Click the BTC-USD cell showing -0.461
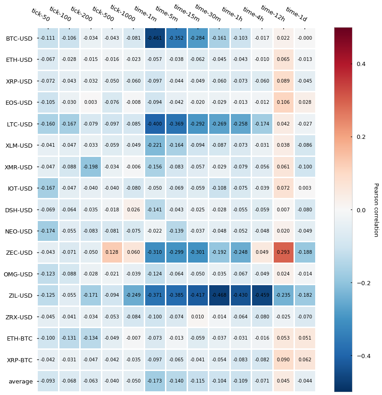(x=155, y=38)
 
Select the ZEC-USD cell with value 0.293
(x=284, y=252)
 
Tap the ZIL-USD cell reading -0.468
(x=219, y=295)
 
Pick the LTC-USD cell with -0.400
(x=155, y=124)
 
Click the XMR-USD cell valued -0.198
(x=91, y=167)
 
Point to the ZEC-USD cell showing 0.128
(x=112, y=252)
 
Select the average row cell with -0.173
(x=155, y=381)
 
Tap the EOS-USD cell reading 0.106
(x=284, y=102)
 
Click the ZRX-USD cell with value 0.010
(x=198, y=317)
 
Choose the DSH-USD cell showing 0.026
(x=134, y=210)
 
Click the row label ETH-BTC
(x=19, y=339)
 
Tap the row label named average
(x=21, y=381)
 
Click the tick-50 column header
(x=40, y=14)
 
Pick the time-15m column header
(x=186, y=13)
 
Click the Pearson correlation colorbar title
(x=376, y=210)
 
